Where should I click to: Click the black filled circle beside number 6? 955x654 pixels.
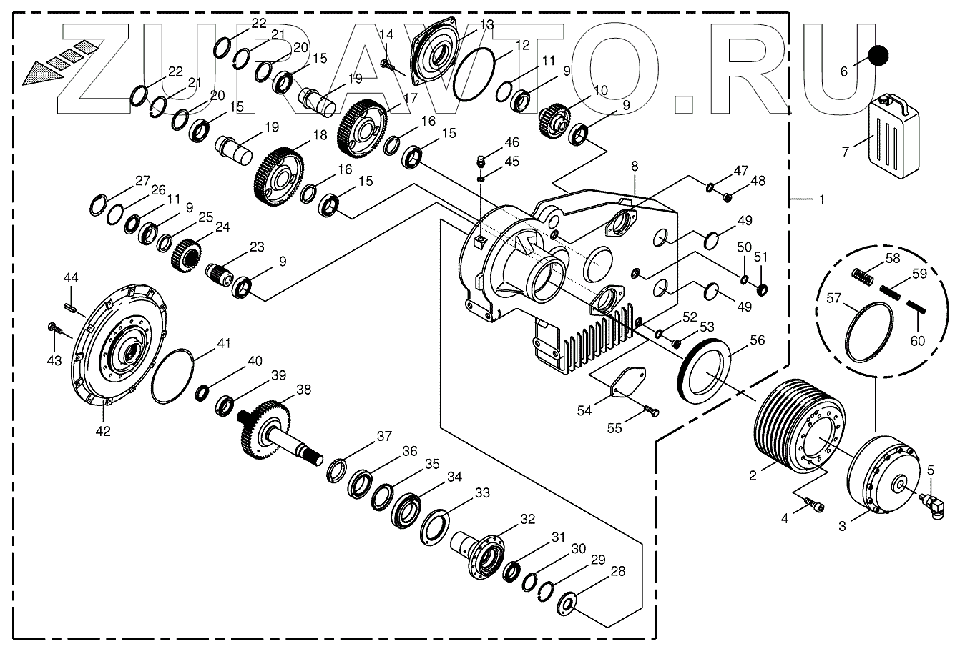[x=878, y=56]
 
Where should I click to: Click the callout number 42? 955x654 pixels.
[x=104, y=431]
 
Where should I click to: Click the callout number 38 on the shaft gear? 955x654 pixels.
[x=304, y=390]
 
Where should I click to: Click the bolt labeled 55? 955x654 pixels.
[x=651, y=411]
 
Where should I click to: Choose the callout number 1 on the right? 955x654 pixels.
[x=821, y=199]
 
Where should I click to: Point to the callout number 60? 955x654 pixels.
[x=917, y=340]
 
